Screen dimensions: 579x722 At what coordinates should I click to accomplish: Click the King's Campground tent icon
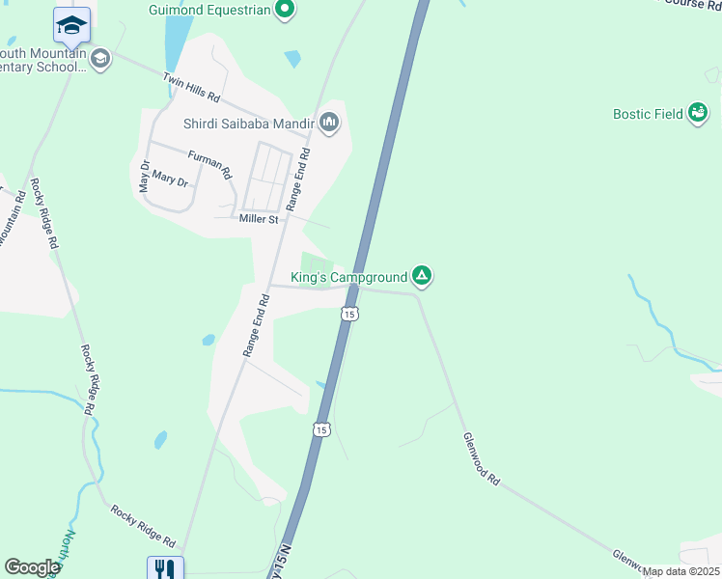[x=422, y=277]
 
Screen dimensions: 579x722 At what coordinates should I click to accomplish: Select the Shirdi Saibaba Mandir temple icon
[x=329, y=122]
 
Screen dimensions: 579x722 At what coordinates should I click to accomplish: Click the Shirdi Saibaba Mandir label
[x=249, y=124]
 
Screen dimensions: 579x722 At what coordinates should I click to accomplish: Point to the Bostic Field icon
[x=696, y=114]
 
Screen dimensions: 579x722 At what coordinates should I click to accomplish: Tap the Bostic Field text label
[x=648, y=114]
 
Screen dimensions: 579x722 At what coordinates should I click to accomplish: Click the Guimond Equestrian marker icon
[x=284, y=10]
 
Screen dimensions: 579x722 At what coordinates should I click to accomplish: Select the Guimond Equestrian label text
[x=208, y=11]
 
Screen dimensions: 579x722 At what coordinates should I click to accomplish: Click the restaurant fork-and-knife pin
[x=165, y=569]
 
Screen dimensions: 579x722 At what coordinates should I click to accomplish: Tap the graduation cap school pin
[x=71, y=26]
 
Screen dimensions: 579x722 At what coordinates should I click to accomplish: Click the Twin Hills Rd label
[x=192, y=89]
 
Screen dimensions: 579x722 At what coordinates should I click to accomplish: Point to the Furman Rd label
[x=209, y=165]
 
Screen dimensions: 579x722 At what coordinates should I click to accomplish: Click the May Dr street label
[x=145, y=176]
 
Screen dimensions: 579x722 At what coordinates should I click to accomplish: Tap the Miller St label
[x=259, y=219]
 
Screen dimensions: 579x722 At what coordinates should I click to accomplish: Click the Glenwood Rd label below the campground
[x=481, y=458]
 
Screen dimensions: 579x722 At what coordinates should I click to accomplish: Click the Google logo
[x=32, y=567]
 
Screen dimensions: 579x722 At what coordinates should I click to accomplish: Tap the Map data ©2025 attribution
[x=680, y=571]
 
